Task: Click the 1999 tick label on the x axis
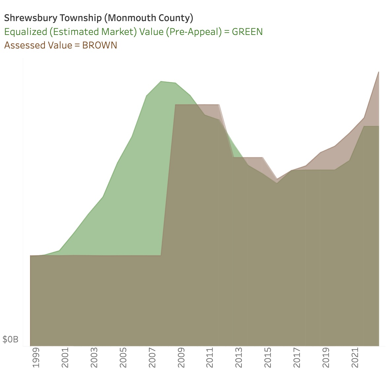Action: click(x=36, y=357)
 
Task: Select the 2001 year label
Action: click(x=65, y=357)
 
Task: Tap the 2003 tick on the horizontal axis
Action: click(x=94, y=357)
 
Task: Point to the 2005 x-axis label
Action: click(x=123, y=357)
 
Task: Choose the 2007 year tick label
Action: click(x=152, y=357)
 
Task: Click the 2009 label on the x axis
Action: click(x=181, y=357)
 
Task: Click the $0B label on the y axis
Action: click(x=11, y=339)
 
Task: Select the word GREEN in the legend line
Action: click(x=247, y=32)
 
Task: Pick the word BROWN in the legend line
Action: click(x=100, y=45)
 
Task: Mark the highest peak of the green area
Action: click(x=161, y=81)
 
